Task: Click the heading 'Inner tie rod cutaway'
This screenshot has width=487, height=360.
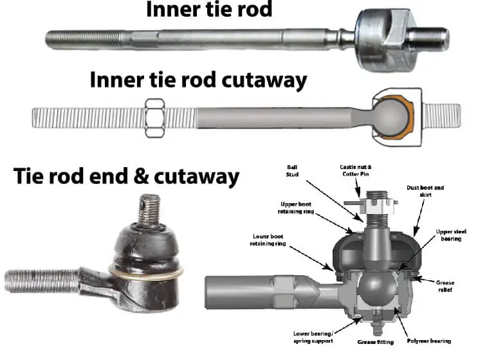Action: [198, 81]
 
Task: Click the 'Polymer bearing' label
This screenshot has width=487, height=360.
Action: [428, 341]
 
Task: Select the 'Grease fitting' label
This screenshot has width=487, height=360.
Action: [372, 341]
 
